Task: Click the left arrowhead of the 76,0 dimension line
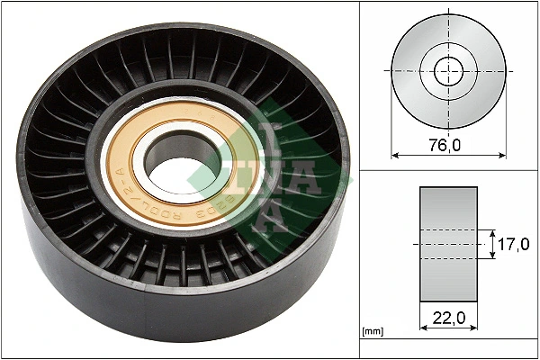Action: [x=395, y=155]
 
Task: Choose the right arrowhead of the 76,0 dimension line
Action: [x=501, y=155]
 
